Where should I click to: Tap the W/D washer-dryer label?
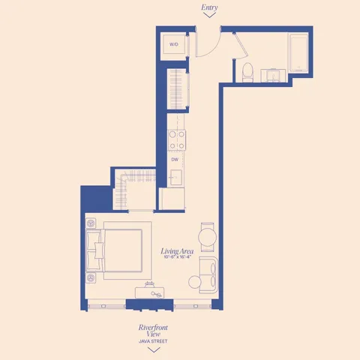pos(174,44)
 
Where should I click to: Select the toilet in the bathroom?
pos(247,71)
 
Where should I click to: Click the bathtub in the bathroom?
pos(298,54)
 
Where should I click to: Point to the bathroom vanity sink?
pos(272,73)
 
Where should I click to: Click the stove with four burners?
pos(176,139)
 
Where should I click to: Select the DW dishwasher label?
pos(174,160)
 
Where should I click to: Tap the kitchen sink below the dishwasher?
pos(177,178)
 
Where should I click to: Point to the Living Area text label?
pos(178,251)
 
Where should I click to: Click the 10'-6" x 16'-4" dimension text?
pos(178,258)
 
